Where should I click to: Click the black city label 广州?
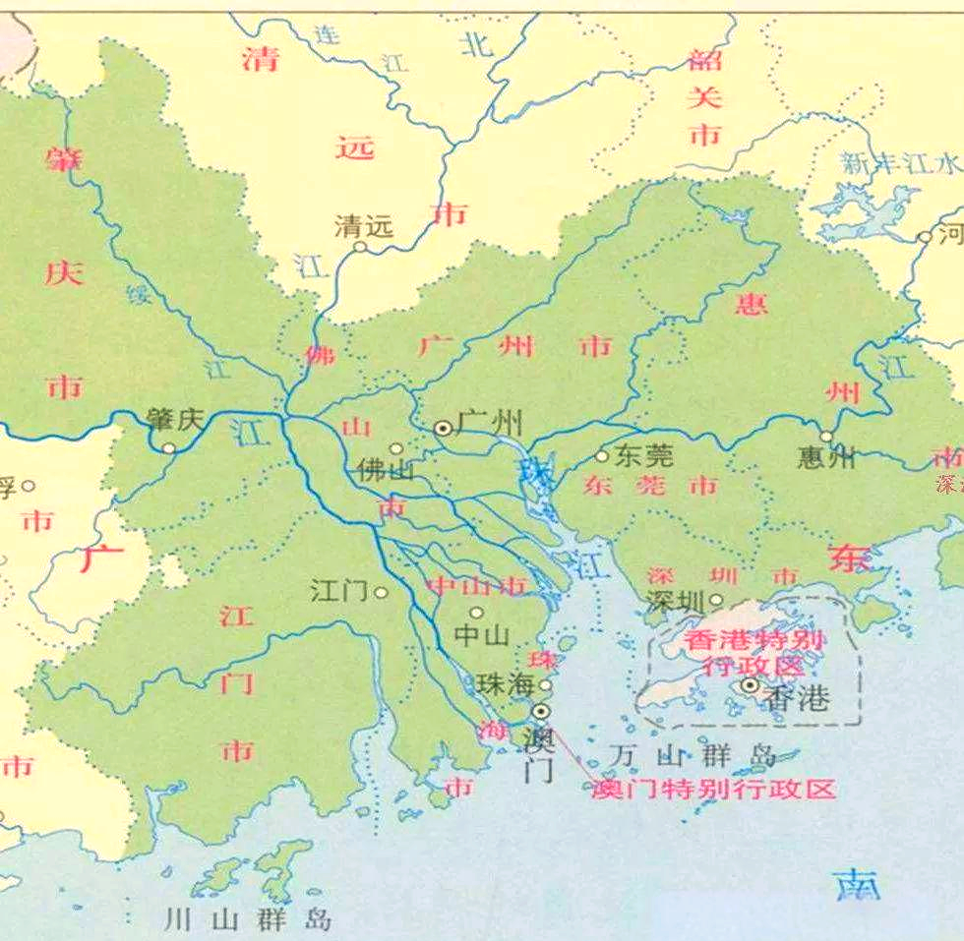pos(492,425)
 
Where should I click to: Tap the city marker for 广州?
pos(444,428)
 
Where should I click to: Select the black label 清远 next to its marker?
pos(364,226)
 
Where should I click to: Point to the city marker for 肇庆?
pos(170,448)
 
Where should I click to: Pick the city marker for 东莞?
pos(602,455)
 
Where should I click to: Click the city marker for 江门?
pos(381,593)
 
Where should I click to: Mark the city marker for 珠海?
pos(545,684)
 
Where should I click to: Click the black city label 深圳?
pos(677,602)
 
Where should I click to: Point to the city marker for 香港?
pos(751,685)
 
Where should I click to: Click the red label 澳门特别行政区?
pos(713,789)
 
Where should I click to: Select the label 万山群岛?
pos(692,755)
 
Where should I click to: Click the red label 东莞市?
pos(650,485)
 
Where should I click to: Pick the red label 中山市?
pos(476,586)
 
